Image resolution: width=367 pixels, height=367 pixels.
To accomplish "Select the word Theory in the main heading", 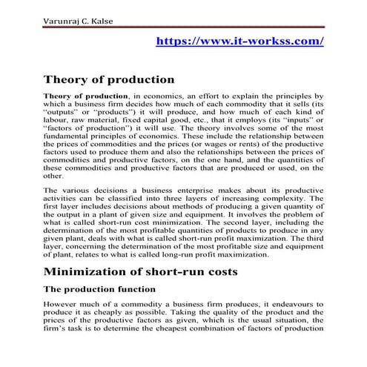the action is point(66,79).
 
